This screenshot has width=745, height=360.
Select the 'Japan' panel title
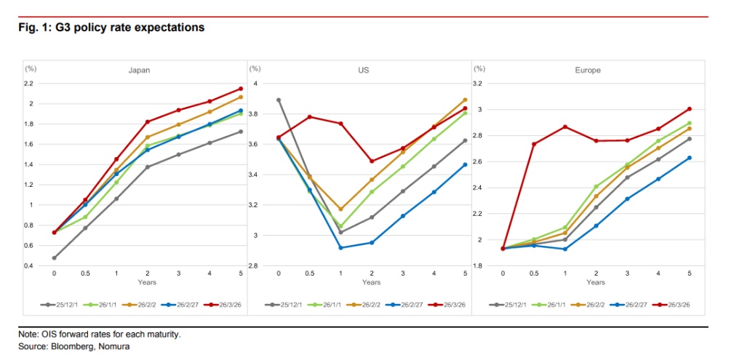coord(140,71)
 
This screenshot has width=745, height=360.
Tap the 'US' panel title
coord(363,71)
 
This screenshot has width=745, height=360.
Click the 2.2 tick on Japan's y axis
coord(30,84)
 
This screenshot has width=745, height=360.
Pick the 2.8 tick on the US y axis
coord(255,266)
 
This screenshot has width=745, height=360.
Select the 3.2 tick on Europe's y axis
coord(478,84)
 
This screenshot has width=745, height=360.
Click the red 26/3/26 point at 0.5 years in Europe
coord(534,144)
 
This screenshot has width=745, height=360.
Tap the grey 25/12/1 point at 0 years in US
coord(279,100)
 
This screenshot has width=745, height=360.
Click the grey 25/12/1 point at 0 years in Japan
coord(55,257)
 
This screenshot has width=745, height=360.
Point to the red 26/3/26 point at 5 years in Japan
coord(240,89)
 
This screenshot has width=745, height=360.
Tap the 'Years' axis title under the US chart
coord(371,282)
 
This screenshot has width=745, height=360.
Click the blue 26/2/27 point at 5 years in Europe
coord(688,158)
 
